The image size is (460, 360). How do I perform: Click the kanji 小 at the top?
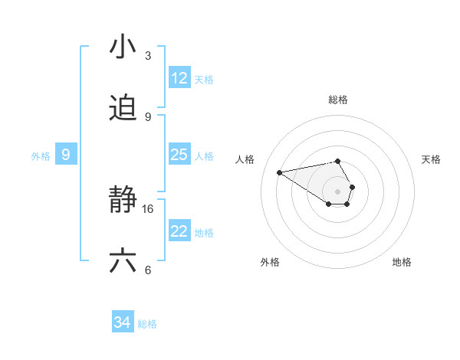123,47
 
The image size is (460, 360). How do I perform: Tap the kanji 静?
123,201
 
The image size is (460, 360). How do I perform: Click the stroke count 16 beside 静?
148,208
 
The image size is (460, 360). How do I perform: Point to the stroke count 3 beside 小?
148,56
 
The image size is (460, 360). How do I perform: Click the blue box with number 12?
179,78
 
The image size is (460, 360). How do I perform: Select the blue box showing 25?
179,155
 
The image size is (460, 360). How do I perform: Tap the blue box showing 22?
179,231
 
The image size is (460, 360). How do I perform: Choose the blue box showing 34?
123,323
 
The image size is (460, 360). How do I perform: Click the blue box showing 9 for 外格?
66,155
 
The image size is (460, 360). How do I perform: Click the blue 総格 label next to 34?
147,324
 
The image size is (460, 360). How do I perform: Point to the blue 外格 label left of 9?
41,156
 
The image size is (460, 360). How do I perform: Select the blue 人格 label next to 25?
204,155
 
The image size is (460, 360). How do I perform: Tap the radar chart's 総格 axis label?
338,100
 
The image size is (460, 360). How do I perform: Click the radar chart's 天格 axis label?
431,159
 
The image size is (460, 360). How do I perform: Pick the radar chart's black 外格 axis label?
270,262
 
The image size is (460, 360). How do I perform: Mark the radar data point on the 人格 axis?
279,172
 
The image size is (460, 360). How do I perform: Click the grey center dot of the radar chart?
337,191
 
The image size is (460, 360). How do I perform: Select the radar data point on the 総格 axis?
338,161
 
